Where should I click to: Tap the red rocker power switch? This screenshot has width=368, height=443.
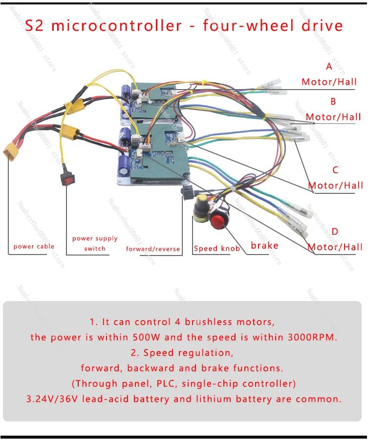tap(65, 179)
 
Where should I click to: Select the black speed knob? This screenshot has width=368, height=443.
tap(200, 209)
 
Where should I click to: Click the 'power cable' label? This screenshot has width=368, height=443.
tap(34, 246)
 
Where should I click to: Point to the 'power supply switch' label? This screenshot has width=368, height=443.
tap(95, 243)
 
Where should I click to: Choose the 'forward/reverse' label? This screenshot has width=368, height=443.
tap(153, 249)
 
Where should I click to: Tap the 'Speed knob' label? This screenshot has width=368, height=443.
tap(217, 249)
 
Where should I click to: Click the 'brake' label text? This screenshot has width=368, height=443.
tap(264, 245)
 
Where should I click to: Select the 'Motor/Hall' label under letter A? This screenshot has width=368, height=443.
tap(329, 82)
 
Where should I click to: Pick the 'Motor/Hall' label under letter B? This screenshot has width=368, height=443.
tap(334, 117)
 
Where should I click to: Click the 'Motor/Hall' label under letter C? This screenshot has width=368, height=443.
tap(336, 185)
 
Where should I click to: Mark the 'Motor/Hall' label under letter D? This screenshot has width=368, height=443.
tap(335, 247)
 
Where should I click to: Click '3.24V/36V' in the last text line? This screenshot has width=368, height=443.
tap(52, 399)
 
